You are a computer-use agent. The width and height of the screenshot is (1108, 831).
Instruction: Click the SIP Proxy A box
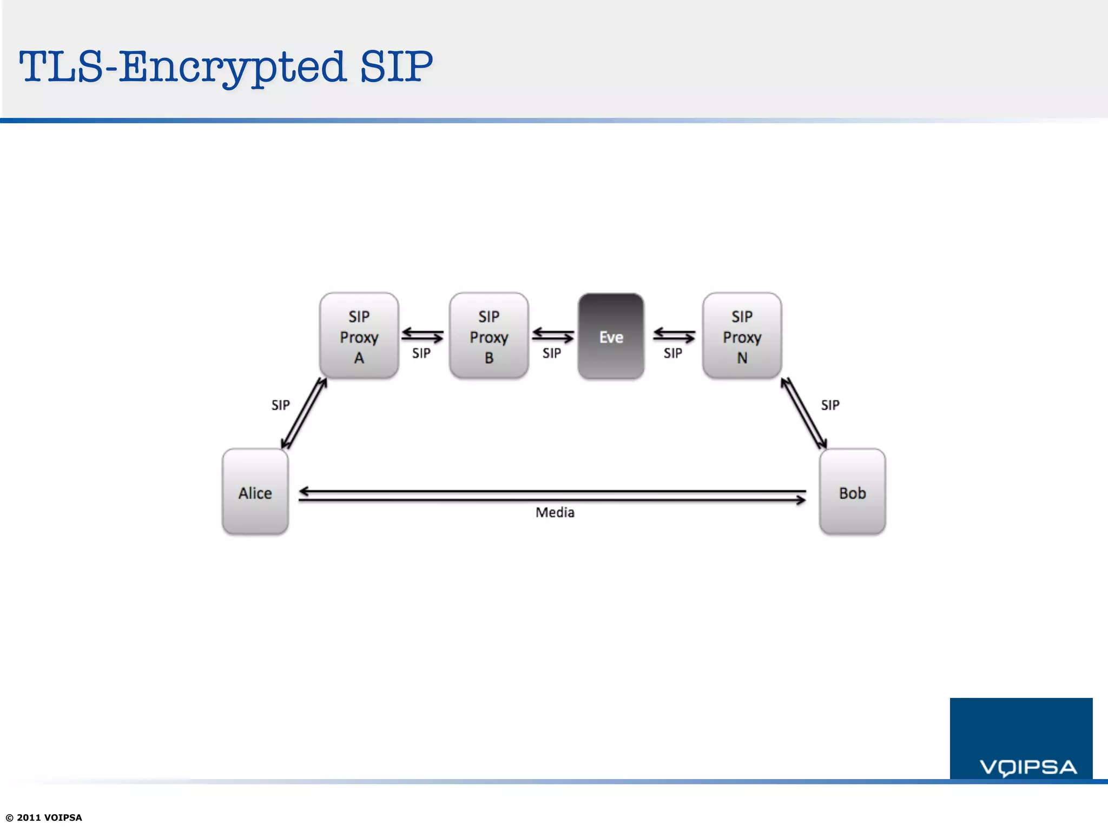(x=359, y=336)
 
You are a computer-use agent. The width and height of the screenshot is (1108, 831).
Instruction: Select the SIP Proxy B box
(x=489, y=336)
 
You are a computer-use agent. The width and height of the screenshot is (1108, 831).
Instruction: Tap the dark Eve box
(x=611, y=336)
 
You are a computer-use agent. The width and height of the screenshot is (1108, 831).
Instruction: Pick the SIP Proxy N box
(x=742, y=336)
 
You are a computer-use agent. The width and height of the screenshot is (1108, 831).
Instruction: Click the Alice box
(x=255, y=492)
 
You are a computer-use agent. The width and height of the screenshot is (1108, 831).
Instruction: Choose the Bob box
(x=852, y=492)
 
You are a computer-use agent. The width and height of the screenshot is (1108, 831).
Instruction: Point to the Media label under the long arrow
(x=555, y=512)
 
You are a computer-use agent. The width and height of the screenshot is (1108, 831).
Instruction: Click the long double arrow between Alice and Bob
(x=552, y=496)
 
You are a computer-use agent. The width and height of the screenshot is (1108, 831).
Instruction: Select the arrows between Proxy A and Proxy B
(x=423, y=335)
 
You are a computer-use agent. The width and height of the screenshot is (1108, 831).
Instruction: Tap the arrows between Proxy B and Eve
(x=552, y=335)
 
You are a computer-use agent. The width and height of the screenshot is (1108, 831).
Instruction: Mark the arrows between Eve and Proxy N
(x=674, y=335)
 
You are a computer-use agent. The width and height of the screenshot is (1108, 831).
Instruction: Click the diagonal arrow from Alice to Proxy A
(x=304, y=413)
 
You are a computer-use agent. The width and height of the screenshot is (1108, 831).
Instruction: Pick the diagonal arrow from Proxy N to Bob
(x=803, y=413)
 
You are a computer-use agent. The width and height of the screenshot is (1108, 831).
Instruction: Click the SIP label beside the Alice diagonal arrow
(x=280, y=405)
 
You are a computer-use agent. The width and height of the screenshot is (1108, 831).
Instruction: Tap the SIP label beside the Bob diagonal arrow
(x=830, y=405)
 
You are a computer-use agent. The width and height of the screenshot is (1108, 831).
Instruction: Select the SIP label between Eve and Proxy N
(x=673, y=353)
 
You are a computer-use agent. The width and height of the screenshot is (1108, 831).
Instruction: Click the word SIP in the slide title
(x=396, y=67)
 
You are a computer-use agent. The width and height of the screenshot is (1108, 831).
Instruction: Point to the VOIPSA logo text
(x=1028, y=767)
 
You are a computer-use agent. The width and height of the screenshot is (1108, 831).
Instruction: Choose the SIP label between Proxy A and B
(x=421, y=353)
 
